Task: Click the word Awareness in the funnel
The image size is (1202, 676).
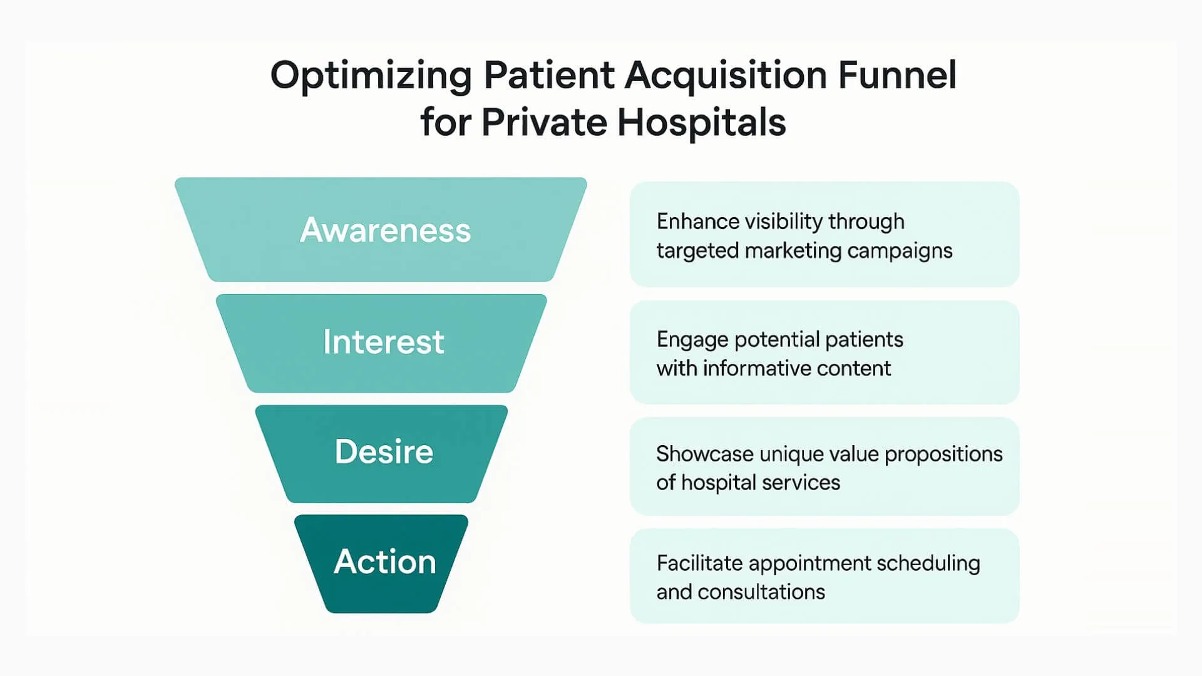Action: point(385,230)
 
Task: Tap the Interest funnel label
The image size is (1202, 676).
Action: point(384,342)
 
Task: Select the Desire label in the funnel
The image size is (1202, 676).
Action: point(384,452)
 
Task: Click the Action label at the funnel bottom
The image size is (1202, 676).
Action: point(384,561)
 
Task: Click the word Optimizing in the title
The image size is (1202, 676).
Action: point(371,76)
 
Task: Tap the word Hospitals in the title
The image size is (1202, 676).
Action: point(701,122)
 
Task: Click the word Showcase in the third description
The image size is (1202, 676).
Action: point(704,454)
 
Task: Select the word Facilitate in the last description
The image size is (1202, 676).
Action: point(699,563)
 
